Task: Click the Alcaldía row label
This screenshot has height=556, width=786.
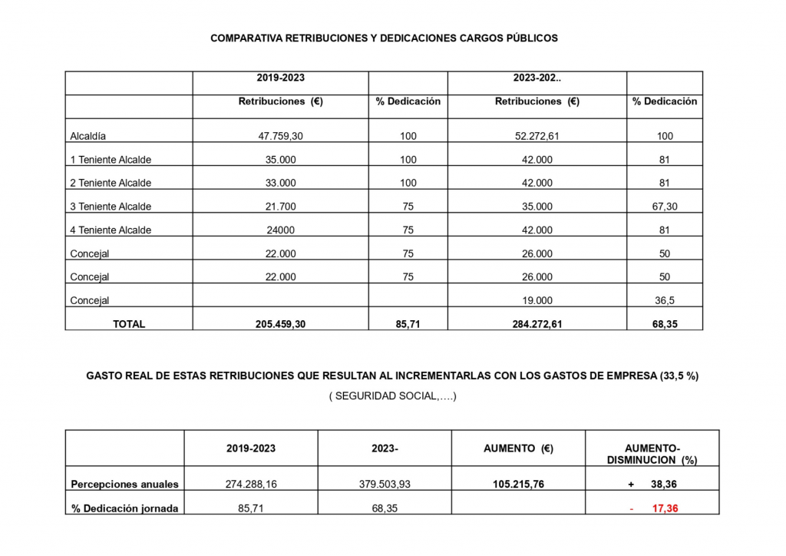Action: (88, 136)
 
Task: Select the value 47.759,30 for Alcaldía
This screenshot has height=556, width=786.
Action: (280, 136)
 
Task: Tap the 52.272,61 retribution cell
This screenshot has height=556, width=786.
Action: (537, 136)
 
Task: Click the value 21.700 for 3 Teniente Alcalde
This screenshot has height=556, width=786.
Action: (280, 206)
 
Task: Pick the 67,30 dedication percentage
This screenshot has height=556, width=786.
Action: (665, 206)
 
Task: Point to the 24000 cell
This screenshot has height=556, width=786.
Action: (280, 230)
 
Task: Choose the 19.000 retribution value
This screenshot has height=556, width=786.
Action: (537, 300)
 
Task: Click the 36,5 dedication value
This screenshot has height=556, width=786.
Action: (665, 300)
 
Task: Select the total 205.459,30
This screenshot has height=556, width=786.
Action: (280, 324)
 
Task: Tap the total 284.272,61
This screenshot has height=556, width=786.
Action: (537, 324)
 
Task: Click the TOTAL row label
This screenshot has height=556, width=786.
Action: (129, 324)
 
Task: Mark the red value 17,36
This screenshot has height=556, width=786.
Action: (665, 508)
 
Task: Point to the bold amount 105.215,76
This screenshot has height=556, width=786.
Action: (518, 485)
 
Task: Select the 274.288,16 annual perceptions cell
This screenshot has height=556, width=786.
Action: (251, 485)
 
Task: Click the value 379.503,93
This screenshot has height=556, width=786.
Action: (385, 485)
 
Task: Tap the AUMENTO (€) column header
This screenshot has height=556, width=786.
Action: (518, 448)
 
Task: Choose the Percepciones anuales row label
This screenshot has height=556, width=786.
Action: (124, 485)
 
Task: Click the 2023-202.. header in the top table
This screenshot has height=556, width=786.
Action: (537, 78)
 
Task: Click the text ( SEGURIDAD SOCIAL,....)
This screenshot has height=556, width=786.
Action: (392, 397)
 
